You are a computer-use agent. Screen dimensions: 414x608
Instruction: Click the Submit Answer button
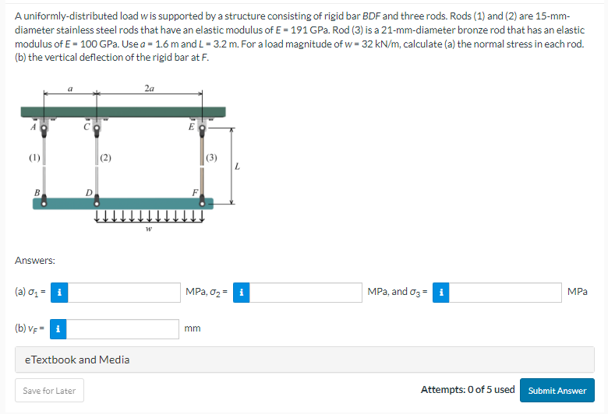tap(557, 391)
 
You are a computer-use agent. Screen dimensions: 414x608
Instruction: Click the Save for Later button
tap(50, 391)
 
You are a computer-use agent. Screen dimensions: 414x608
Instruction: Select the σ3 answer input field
tap(504, 293)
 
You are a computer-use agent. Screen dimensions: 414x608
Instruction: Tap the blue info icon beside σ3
tap(440, 293)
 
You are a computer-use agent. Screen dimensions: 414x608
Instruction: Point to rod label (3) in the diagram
tap(212, 158)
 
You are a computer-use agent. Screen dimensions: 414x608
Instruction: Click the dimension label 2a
tap(149, 89)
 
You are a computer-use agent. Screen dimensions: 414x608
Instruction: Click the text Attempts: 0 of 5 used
tap(468, 390)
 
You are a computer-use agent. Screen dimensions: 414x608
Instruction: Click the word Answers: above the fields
tap(34, 261)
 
